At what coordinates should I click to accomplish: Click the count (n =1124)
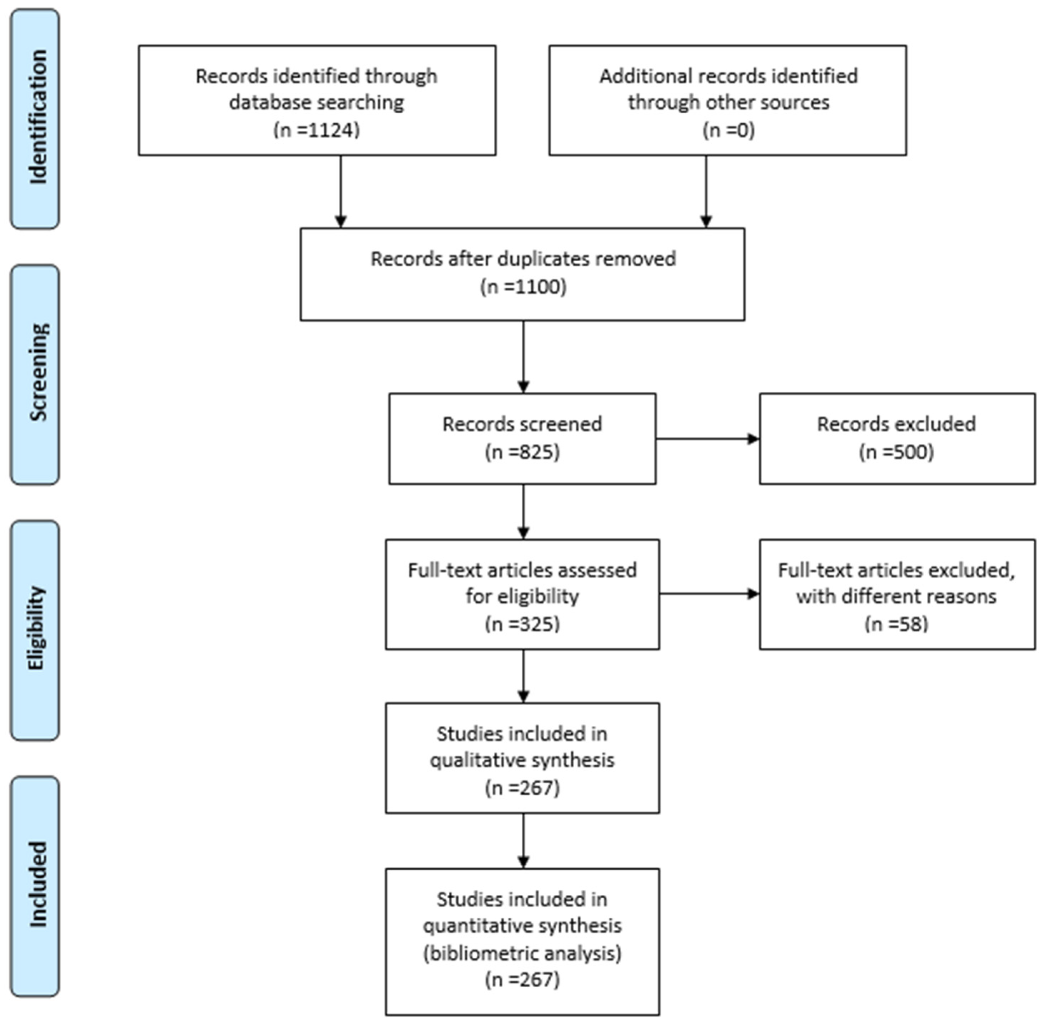click(x=317, y=130)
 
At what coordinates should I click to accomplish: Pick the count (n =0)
click(x=728, y=130)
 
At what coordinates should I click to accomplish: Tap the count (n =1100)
click(x=523, y=286)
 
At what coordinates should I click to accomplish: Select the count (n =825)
click(x=522, y=452)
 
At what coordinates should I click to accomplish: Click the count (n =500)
click(x=896, y=452)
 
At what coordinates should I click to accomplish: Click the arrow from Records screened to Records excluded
click(x=707, y=439)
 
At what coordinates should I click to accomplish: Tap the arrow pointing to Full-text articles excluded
click(x=709, y=594)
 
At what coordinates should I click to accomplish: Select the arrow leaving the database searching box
click(x=340, y=192)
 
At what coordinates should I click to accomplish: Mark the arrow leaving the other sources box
click(x=706, y=192)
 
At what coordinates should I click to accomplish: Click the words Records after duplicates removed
click(x=523, y=259)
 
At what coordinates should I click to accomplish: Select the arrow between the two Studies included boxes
click(x=523, y=841)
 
